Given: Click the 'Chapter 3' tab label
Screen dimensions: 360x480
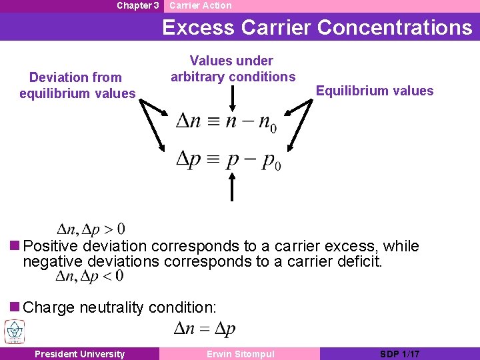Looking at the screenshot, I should (x=137, y=5).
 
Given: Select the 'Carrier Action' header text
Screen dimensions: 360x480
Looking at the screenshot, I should (x=200, y=5).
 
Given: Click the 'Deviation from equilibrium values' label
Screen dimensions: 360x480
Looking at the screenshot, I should (x=77, y=85).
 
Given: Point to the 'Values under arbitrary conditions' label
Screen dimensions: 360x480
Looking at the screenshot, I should (x=233, y=69).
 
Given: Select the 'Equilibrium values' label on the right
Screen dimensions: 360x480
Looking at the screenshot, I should (x=375, y=91).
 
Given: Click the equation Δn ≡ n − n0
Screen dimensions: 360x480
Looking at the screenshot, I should (x=226, y=123).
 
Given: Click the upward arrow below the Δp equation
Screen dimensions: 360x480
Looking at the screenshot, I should (x=232, y=186).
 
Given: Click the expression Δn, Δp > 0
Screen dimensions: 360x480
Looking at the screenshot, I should (x=91, y=229).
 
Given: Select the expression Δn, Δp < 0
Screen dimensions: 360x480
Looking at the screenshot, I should (x=90, y=275).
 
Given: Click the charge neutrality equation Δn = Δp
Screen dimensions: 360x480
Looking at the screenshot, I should (x=204, y=328).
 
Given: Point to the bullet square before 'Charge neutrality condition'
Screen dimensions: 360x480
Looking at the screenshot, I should (x=15, y=307).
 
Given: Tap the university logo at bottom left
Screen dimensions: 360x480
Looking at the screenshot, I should (x=14, y=331).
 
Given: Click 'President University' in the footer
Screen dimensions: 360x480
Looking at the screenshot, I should (x=79, y=354).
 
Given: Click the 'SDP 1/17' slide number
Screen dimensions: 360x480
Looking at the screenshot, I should (x=399, y=354).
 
